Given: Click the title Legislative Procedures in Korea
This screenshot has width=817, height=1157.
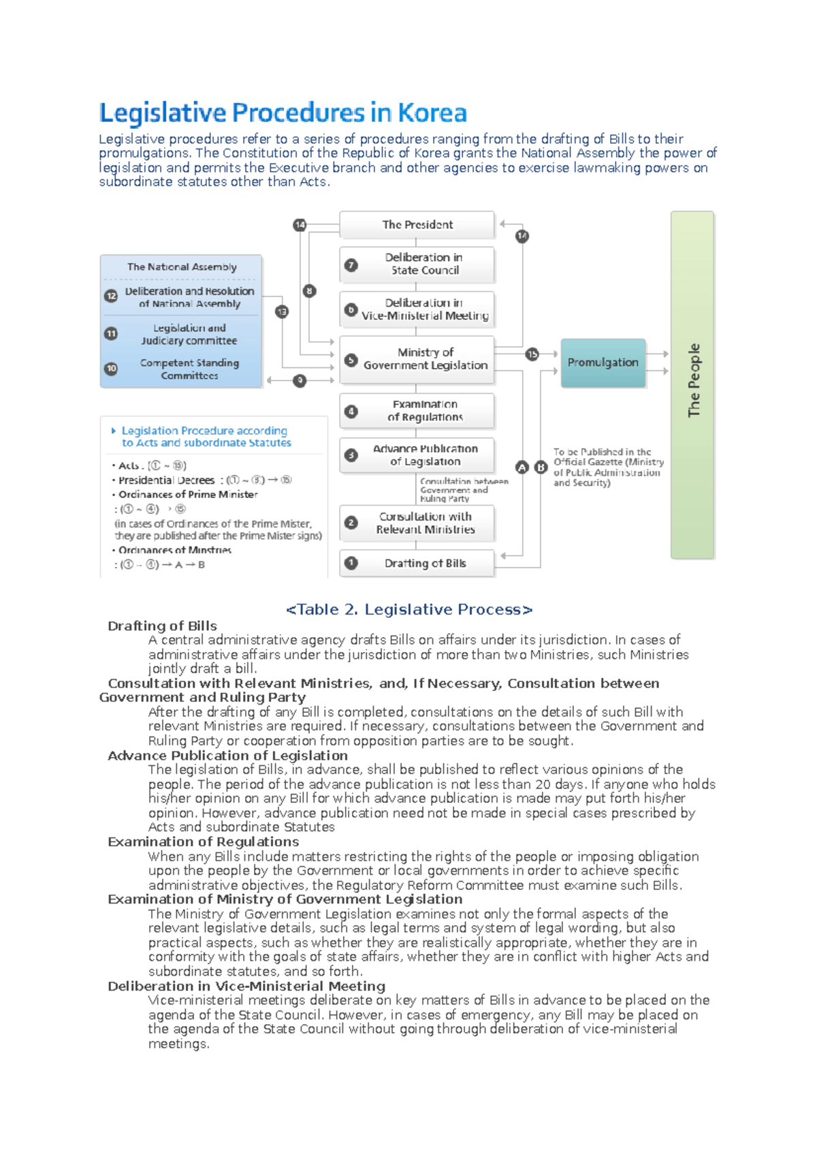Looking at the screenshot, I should tap(283, 113).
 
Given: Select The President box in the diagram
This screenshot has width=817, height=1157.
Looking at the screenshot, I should tap(417, 224).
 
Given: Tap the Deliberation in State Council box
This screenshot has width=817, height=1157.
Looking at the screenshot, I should tap(417, 264).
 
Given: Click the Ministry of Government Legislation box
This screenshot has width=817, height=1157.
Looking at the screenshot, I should tap(417, 358).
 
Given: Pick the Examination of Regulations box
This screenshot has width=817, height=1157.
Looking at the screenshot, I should tap(417, 410).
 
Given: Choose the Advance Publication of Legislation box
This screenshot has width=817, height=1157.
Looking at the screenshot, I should tap(417, 455).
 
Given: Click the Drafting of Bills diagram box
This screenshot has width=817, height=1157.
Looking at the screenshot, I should tap(417, 564).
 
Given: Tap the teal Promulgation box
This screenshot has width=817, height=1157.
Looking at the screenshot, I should tap(603, 362).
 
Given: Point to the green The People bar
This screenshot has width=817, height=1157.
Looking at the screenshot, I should tap(692, 385).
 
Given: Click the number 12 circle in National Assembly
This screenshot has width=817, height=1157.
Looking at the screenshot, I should tap(111, 296).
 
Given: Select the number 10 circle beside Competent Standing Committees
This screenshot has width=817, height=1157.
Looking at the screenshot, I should tap(111, 369).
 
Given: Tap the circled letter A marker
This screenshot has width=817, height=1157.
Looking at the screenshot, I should tap(522, 467).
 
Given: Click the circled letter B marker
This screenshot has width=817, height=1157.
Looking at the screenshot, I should tap(541, 467).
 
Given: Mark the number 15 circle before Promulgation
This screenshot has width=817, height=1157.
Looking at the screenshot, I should tap(532, 354).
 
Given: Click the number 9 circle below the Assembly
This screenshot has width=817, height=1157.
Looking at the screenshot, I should tap(300, 381).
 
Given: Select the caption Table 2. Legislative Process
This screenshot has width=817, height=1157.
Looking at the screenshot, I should tap(409, 610).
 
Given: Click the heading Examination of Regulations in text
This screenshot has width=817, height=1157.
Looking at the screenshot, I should tap(203, 842).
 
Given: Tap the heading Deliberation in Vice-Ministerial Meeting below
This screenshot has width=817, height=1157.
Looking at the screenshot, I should tap(246, 986).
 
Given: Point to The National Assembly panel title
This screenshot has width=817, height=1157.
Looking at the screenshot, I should tap(182, 267).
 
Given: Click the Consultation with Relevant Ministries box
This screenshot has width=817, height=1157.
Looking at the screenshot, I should tap(417, 523).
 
